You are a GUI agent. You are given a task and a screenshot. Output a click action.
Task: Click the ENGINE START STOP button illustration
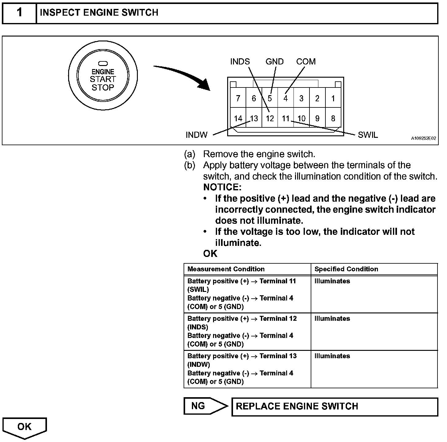pos(103,80)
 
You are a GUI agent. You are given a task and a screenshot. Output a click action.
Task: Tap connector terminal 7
pos(238,99)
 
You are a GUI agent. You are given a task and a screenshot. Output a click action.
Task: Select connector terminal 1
pos(333,99)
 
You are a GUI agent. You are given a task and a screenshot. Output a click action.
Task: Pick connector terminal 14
pos(238,118)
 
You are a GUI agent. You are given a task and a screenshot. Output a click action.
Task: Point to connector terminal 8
pos(333,118)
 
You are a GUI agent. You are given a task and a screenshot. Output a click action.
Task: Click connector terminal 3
pos(301,99)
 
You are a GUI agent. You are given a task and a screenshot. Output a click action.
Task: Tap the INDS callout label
pos(240,62)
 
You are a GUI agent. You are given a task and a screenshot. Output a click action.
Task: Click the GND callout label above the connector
pos(274,62)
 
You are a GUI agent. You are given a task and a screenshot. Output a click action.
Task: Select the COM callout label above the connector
pos(306,62)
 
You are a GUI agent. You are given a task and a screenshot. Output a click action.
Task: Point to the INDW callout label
pos(196,135)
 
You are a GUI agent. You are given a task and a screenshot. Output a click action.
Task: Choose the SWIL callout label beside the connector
pos(368,135)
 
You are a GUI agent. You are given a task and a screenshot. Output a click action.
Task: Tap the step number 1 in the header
pos(19,13)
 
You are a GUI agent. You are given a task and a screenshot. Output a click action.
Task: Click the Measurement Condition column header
pos(226,269)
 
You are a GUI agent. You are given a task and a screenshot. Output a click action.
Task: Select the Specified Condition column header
pos(346,269)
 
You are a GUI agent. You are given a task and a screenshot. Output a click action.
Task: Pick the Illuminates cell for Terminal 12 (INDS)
pos(332,319)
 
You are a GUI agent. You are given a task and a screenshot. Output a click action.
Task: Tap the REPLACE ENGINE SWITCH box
pos(334,407)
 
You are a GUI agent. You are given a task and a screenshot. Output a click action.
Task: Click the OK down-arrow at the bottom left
pos(25,427)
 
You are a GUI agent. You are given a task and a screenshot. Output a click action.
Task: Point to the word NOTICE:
pos(222,187)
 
